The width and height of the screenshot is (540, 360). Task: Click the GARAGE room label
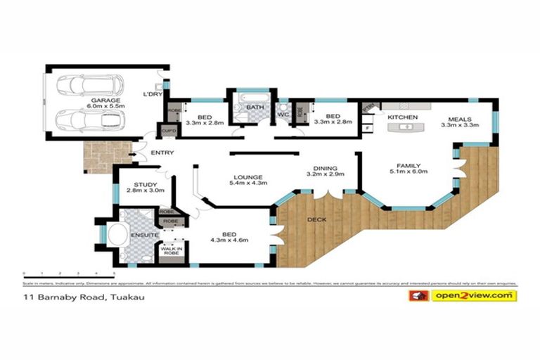pos(103,101)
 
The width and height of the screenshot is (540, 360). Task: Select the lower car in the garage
pos(89,120)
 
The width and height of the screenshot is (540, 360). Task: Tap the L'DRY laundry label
pos(153,94)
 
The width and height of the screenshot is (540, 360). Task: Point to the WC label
pos(283,114)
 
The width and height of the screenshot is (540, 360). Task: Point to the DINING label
pos(325,168)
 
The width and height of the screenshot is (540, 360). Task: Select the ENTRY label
pos(162,153)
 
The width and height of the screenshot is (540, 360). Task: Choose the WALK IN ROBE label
pos(171,249)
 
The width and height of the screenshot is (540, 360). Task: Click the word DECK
pos(317,220)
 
